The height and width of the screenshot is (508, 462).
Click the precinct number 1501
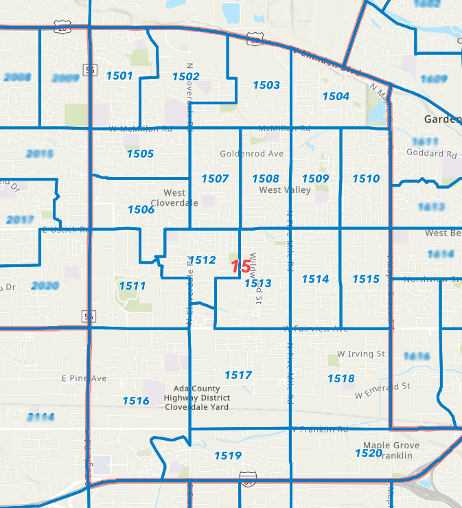(x=119, y=76)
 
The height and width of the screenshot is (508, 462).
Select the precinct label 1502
(x=186, y=76)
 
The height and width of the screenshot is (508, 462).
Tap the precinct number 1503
(x=266, y=85)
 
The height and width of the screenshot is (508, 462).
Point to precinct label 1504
(x=336, y=96)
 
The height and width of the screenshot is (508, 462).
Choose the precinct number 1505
(x=140, y=154)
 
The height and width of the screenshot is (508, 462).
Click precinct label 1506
(x=141, y=209)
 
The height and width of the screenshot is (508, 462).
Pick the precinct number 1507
(x=215, y=178)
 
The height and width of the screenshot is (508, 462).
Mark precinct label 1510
(x=366, y=178)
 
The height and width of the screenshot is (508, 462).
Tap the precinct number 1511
(x=132, y=286)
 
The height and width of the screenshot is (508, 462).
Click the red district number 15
(x=241, y=266)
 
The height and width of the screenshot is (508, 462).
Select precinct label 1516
(x=136, y=401)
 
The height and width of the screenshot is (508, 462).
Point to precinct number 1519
(x=227, y=456)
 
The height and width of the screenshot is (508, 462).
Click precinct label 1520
(x=368, y=453)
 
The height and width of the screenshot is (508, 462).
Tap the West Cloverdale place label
(x=181, y=198)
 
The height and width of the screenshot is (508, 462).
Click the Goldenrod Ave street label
(x=252, y=154)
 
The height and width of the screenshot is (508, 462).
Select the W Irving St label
(x=361, y=354)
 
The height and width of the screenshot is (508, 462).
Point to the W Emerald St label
(x=382, y=392)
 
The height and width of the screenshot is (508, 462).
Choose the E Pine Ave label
(x=84, y=378)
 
